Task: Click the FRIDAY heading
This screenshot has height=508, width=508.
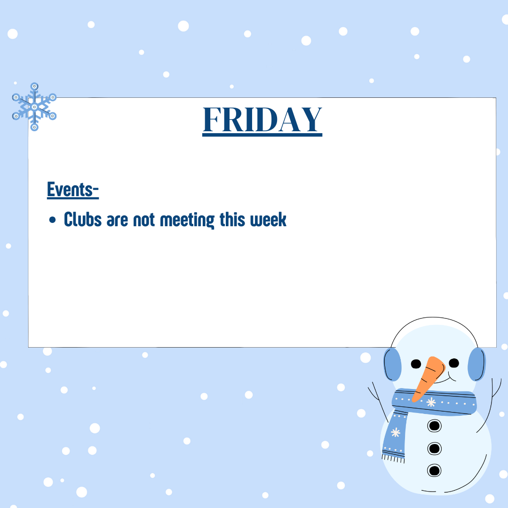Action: [x=262, y=120]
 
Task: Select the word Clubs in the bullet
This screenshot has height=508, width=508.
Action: [x=83, y=219]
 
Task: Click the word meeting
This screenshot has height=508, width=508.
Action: [x=187, y=220]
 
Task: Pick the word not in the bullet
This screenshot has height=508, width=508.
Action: [x=144, y=220]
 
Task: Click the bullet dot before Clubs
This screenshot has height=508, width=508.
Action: [x=53, y=220]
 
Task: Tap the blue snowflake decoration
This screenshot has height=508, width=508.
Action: [x=34, y=107]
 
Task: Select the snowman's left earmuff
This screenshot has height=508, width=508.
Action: [x=392, y=365]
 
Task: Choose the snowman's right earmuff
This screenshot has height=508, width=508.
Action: [x=476, y=364]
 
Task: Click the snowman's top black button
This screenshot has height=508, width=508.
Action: [x=435, y=425]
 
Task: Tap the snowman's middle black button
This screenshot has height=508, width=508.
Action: [x=435, y=449]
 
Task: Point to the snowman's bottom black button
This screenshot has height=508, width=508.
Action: [x=434, y=470]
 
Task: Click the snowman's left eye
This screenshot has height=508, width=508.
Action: [x=416, y=364]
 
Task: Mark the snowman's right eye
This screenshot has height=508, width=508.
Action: [x=454, y=363]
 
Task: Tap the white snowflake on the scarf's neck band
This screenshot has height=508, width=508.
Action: [x=431, y=402]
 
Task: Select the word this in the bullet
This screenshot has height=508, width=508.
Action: [x=232, y=219]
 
